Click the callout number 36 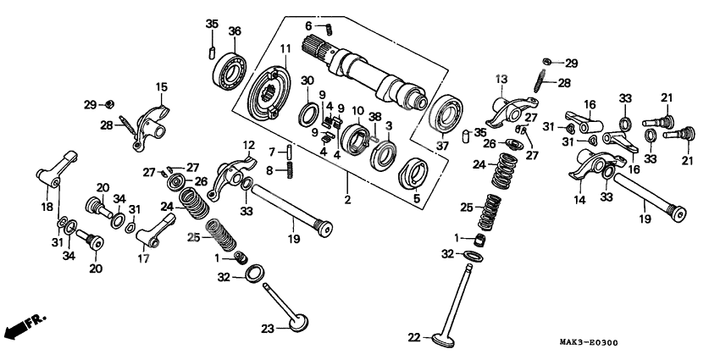(235, 31)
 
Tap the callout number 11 (285, 47)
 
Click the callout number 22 (414, 337)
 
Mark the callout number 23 (268, 329)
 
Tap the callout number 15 (161, 86)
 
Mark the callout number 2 (346, 200)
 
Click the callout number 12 (249, 145)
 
